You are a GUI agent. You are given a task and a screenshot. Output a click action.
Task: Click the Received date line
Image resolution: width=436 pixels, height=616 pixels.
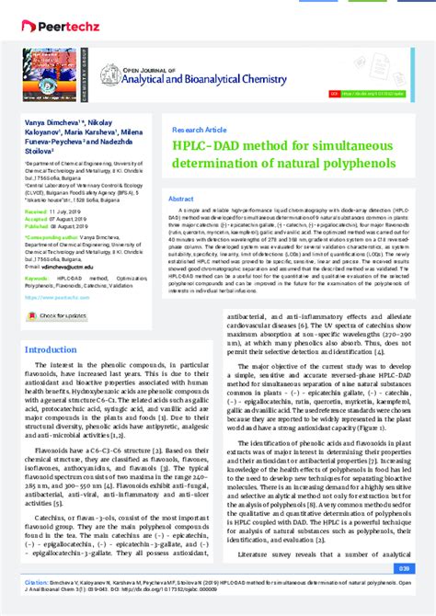54,211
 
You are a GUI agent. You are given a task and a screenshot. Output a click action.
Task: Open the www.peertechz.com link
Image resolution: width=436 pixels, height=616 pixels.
56,271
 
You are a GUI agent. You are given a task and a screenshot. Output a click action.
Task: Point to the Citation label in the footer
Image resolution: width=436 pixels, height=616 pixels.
38,582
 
